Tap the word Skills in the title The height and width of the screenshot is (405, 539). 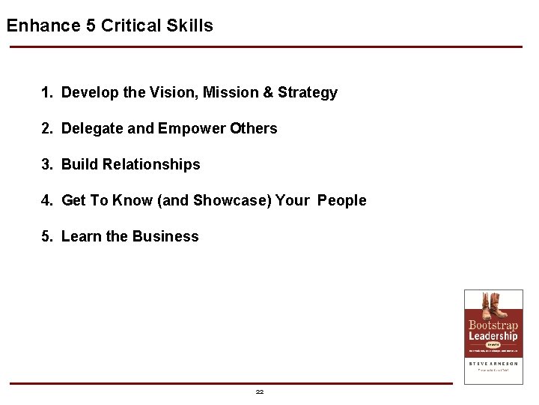(189, 25)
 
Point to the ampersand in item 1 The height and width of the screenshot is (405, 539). (267, 92)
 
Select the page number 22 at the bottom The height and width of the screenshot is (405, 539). (260, 391)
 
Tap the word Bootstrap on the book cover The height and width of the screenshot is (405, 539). (493, 325)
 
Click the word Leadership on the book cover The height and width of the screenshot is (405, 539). (493, 336)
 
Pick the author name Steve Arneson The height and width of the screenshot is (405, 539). (493, 363)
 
